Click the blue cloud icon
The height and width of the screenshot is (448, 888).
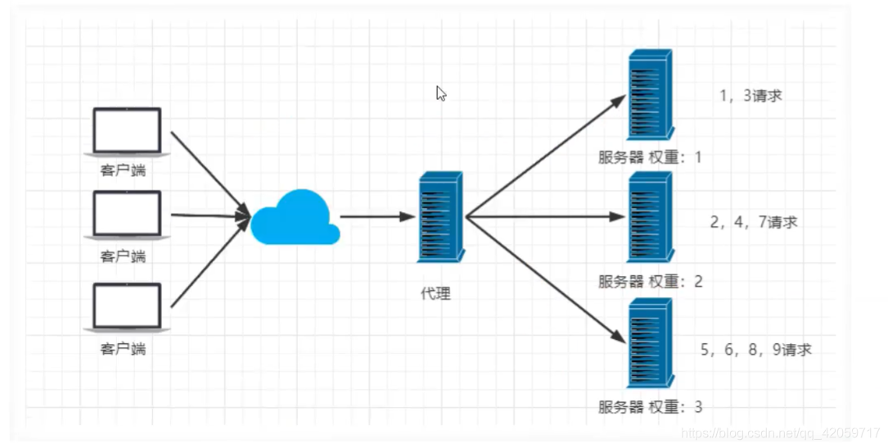click(295, 218)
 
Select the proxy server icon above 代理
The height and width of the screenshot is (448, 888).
click(439, 217)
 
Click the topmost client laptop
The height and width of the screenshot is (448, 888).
click(126, 131)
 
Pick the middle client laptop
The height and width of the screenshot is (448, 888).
click(126, 215)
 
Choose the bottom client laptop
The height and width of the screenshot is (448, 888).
click(126, 307)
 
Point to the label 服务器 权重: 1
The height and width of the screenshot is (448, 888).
click(650, 157)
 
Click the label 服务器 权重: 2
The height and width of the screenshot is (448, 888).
click(650, 282)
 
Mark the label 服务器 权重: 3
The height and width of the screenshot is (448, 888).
click(650, 406)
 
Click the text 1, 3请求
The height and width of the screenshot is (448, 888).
click(750, 96)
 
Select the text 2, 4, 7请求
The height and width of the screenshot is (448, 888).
click(753, 222)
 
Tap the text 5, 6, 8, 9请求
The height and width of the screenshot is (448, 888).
click(755, 350)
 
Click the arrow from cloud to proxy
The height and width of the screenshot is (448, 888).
click(377, 217)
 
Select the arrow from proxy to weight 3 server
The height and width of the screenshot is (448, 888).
click(543, 278)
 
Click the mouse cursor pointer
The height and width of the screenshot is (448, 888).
click(440, 93)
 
